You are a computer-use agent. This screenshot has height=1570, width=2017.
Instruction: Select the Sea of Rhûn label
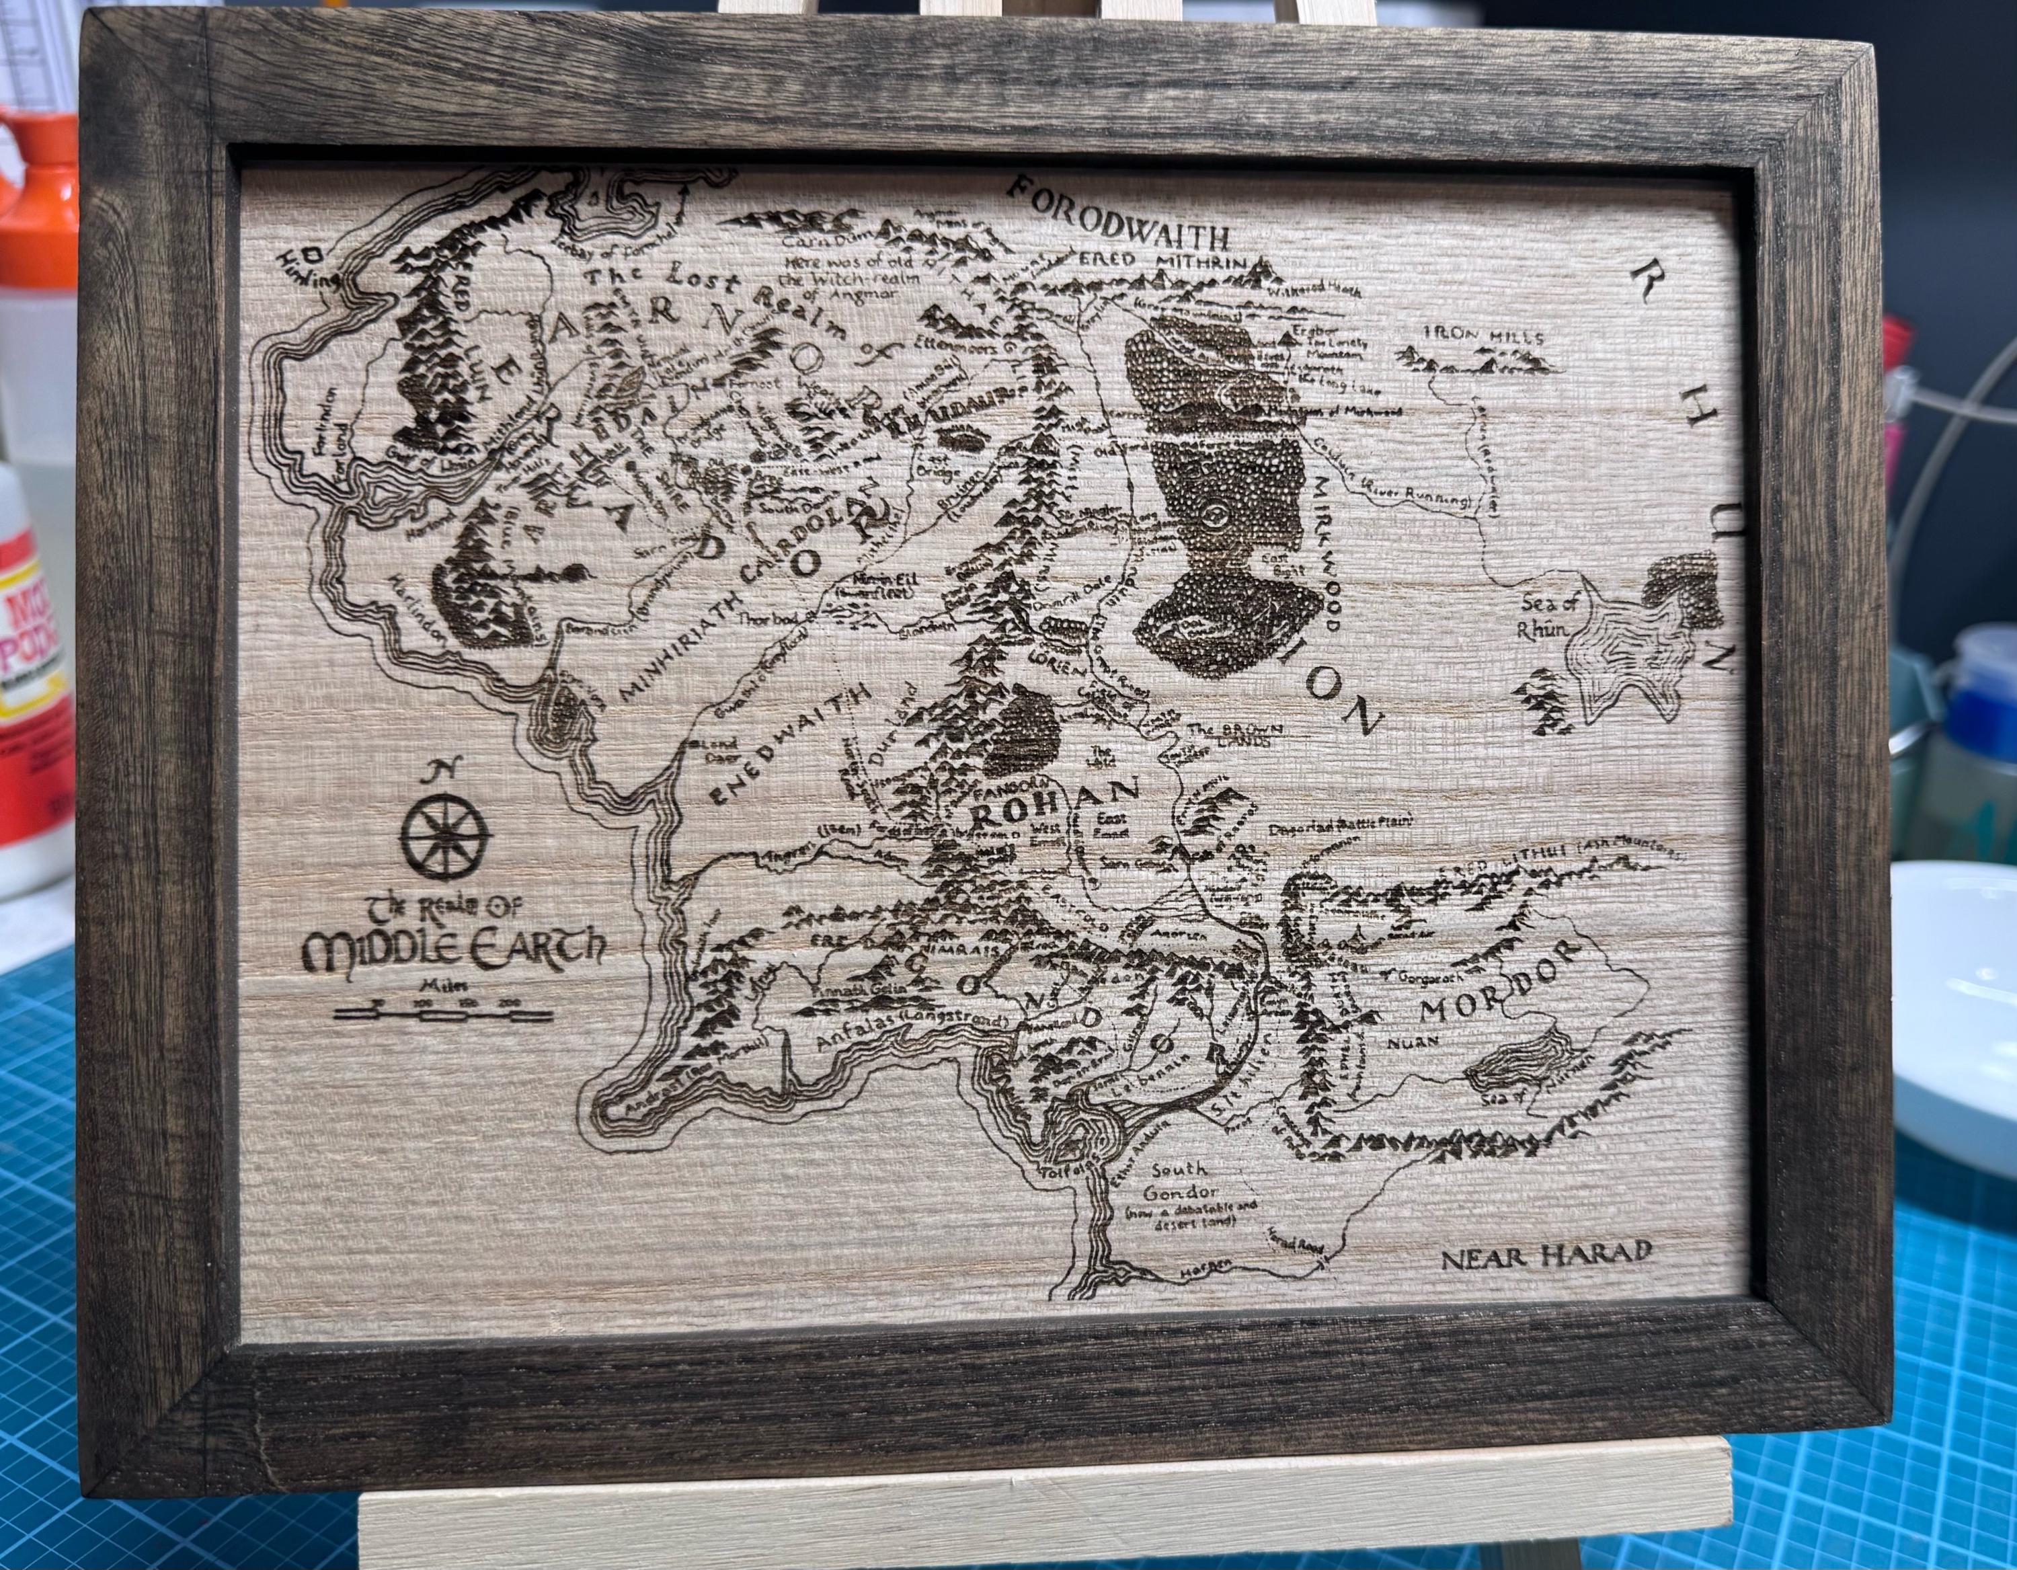1552,614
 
